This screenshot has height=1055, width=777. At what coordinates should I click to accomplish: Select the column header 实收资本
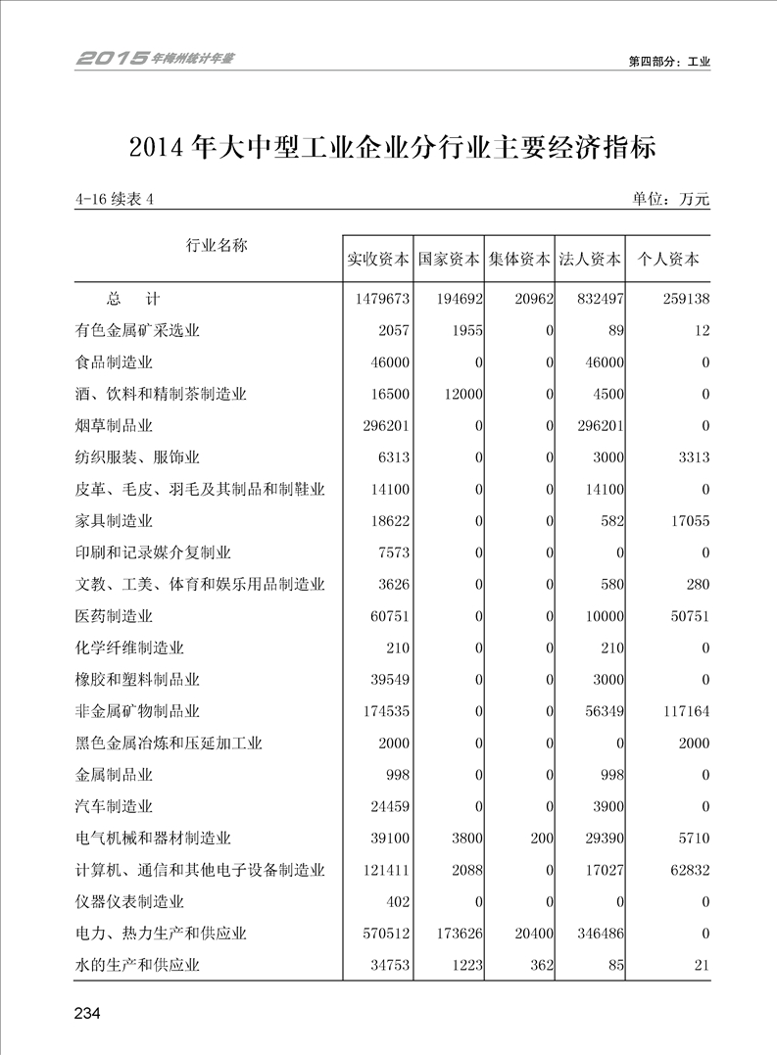pyautogui.click(x=378, y=261)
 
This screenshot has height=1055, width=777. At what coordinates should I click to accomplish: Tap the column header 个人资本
pyautogui.click(x=668, y=261)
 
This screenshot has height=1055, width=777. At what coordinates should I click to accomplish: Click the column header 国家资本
pyautogui.click(x=449, y=261)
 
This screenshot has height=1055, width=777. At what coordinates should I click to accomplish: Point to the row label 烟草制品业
pyautogui.click(x=114, y=426)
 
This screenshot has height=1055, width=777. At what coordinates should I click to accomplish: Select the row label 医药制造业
pyautogui.click(x=114, y=617)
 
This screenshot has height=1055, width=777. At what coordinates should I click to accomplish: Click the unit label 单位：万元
pyautogui.click(x=671, y=200)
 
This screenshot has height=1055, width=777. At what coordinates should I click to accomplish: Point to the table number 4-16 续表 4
pyautogui.click(x=115, y=200)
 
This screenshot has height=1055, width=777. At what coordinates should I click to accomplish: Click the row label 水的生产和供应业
pyautogui.click(x=137, y=966)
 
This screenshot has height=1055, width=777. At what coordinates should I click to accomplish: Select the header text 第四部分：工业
pyautogui.click(x=669, y=61)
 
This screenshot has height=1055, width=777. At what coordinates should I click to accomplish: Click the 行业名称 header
pyautogui.click(x=217, y=245)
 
